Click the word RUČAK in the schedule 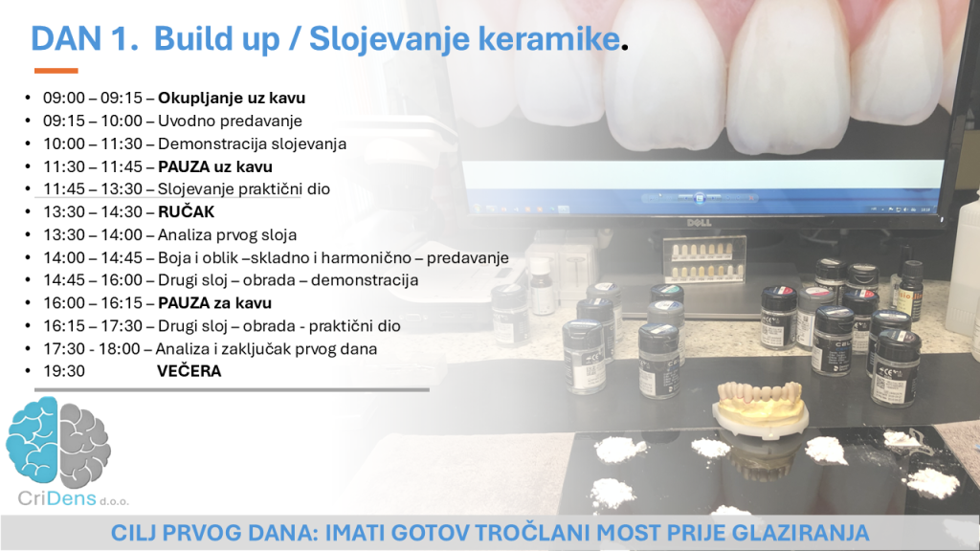(x=187, y=211)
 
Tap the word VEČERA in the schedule (x=189, y=371)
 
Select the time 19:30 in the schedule (x=64, y=371)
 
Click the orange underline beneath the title (x=56, y=71)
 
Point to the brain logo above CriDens (x=58, y=442)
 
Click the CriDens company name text (x=73, y=498)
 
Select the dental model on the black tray (x=760, y=408)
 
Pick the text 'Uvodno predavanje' (x=230, y=121)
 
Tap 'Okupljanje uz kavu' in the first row (x=232, y=99)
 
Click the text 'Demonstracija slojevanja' (x=252, y=143)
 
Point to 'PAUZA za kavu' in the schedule (x=215, y=303)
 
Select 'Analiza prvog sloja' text (x=228, y=235)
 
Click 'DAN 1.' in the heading (x=85, y=38)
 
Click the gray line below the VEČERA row (x=232, y=390)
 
